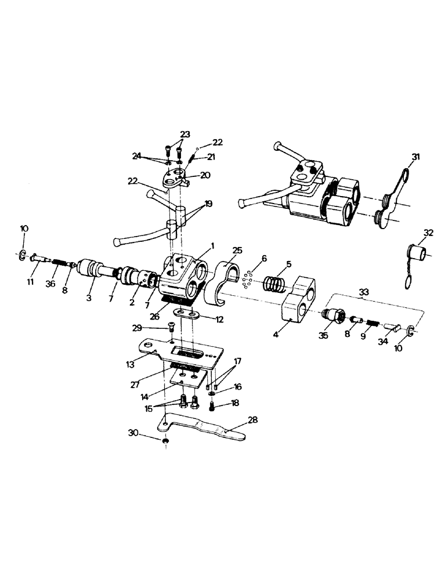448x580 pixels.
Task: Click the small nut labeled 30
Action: [x=165, y=443]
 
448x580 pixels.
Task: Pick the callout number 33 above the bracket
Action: [x=364, y=293]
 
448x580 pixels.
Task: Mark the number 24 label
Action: [x=136, y=156]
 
